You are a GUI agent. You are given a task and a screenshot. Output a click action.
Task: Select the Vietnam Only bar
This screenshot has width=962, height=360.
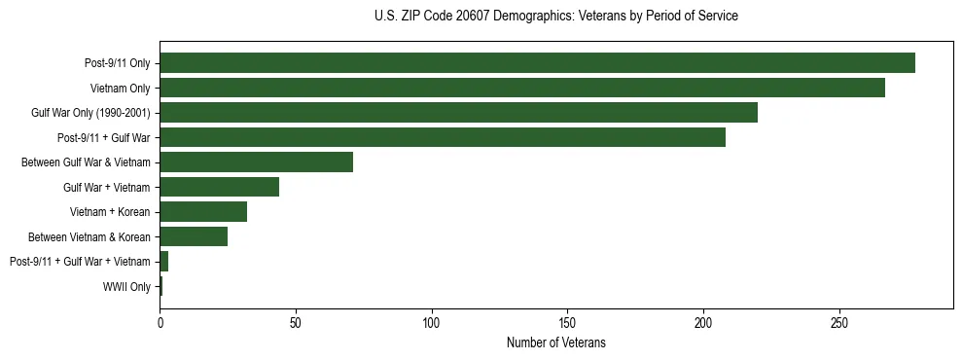click(x=522, y=88)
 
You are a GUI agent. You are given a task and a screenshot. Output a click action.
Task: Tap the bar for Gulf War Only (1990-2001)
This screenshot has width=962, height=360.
click(x=458, y=113)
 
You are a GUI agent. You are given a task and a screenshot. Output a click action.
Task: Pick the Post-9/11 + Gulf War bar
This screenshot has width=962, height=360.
click(x=443, y=137)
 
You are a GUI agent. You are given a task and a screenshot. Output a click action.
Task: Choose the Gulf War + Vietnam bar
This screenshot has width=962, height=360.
click(x=219, y=187)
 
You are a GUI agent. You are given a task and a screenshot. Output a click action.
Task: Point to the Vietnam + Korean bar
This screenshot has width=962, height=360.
click(x=203, y=211)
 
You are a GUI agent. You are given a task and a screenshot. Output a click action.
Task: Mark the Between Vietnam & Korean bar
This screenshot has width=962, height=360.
click(x=194, y=236)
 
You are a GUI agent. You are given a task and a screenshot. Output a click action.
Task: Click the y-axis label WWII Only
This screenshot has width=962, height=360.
click(x=126, y=286)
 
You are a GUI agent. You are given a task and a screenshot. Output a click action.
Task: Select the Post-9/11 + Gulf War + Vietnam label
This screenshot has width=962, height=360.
click(x=80, y=262)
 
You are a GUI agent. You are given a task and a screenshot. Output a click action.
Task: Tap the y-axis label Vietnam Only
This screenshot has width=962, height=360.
click(x=121, y=89)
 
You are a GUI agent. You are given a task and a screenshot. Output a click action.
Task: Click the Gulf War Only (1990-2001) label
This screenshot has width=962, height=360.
click(x=90, y=113)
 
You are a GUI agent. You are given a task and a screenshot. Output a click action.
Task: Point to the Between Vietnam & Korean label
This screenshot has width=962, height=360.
click(x=89, y=236)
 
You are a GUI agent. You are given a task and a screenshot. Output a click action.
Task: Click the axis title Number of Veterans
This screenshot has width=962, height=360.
click(x=556, y=342)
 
